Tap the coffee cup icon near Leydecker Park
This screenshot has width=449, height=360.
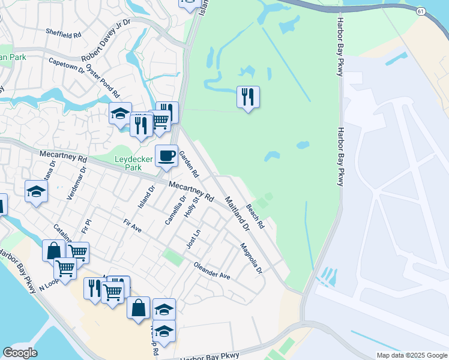[166, 156]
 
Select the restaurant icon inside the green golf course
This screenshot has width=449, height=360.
[248, 97]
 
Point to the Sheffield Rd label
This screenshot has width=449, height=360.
[63, 35]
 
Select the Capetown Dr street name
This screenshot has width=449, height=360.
[67, 64]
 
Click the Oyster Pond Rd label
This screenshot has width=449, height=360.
[103, 82]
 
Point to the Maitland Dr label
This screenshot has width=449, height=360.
[237, 214]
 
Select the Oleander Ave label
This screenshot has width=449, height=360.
[212, 271]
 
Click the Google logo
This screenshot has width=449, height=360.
[20, 353]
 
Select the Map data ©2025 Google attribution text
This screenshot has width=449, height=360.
[411, 355]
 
